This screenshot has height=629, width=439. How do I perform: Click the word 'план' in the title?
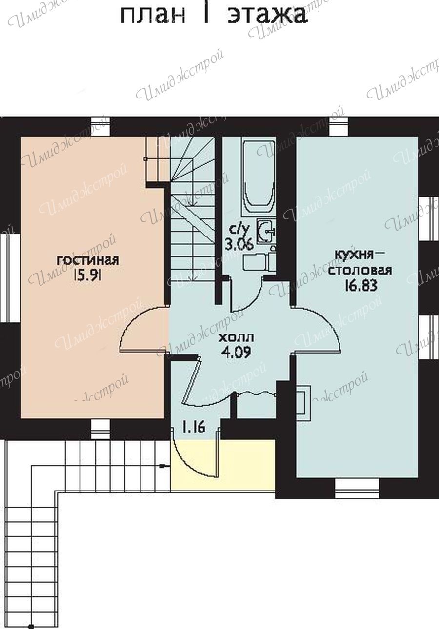click(153, 16)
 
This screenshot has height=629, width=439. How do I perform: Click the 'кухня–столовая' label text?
click(360, 263)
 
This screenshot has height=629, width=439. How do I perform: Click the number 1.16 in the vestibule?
click(194, 429)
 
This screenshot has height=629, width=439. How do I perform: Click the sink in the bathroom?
click(266, 232)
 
